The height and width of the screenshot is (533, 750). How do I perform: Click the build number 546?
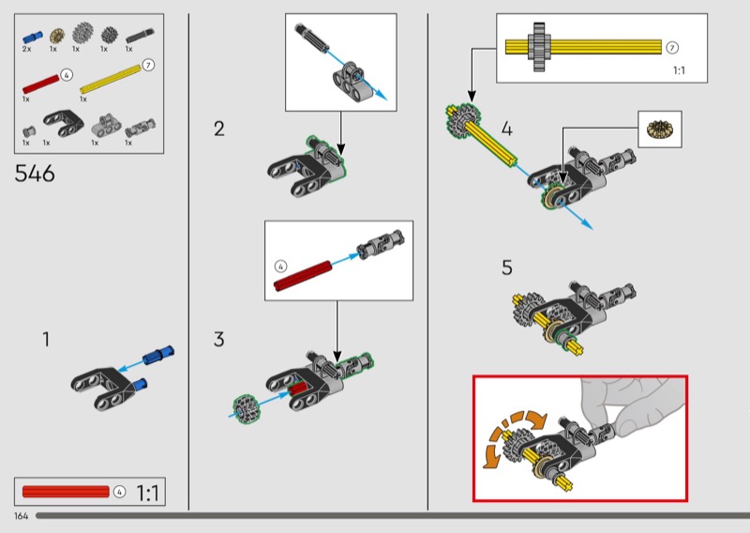coord(36,174)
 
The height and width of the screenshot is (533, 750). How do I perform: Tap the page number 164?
coord(21,516)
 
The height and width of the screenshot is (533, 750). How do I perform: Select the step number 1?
coord(45,340)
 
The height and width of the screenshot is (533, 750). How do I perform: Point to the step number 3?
coord(218,340)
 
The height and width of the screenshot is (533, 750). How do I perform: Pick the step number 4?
coord(507,129)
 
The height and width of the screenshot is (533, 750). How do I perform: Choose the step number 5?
coord(507,268)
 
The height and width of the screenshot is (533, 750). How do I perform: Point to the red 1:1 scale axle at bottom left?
coord(66,491)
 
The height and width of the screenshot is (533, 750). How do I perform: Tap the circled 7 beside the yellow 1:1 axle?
coord(671,47)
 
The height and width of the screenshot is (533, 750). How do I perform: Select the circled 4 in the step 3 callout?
coord(280,266)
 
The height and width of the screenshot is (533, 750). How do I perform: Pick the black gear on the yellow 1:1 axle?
coord(539,46)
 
